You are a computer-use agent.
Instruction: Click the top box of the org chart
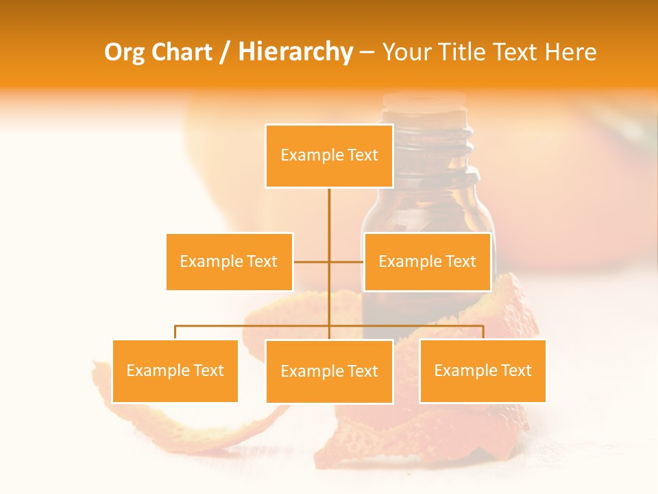coord(329,156)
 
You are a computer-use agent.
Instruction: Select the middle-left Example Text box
coord(229,261)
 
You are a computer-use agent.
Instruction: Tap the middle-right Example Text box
coord(427,261)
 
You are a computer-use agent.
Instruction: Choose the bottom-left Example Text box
coord(175,370)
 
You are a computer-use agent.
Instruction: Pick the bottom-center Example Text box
coord(329,371)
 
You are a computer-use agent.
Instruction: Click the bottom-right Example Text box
coord(483,370)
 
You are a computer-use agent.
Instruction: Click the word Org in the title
coord(124,52)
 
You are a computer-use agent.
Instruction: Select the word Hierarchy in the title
coord(295,52)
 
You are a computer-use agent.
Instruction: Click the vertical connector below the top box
coord(329,213)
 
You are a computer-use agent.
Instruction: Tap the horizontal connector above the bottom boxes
coord(254,326)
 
